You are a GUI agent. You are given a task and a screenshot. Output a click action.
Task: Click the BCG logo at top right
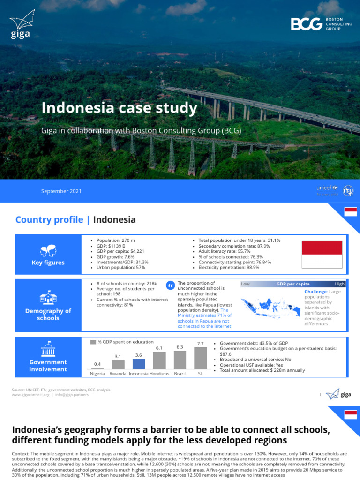pos(321,24)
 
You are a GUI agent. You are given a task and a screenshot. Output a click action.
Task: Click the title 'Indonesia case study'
pos(119,108)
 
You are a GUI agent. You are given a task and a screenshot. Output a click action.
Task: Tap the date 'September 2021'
pos(61,191)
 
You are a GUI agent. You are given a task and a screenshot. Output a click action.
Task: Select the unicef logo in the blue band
pos(327,188)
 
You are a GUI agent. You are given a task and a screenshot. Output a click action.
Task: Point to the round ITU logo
pos(348,191)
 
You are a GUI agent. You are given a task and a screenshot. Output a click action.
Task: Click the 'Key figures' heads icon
pos(48,251)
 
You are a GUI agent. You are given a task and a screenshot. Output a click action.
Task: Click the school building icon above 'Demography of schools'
pos(48,297)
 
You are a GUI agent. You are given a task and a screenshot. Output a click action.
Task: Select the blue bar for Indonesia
pos(139,364)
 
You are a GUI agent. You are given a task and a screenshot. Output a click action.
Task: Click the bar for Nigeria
pos(97,368)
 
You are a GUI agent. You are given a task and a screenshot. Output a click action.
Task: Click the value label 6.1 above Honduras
pos(159,348)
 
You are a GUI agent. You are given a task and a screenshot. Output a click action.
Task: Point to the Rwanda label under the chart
pos(118,374)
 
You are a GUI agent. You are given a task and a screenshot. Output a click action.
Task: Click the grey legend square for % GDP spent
pos(93,342)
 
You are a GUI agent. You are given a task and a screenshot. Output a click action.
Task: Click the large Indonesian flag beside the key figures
pos(322,255)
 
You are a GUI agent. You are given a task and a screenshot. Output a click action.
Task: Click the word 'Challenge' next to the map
pos(315,292)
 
